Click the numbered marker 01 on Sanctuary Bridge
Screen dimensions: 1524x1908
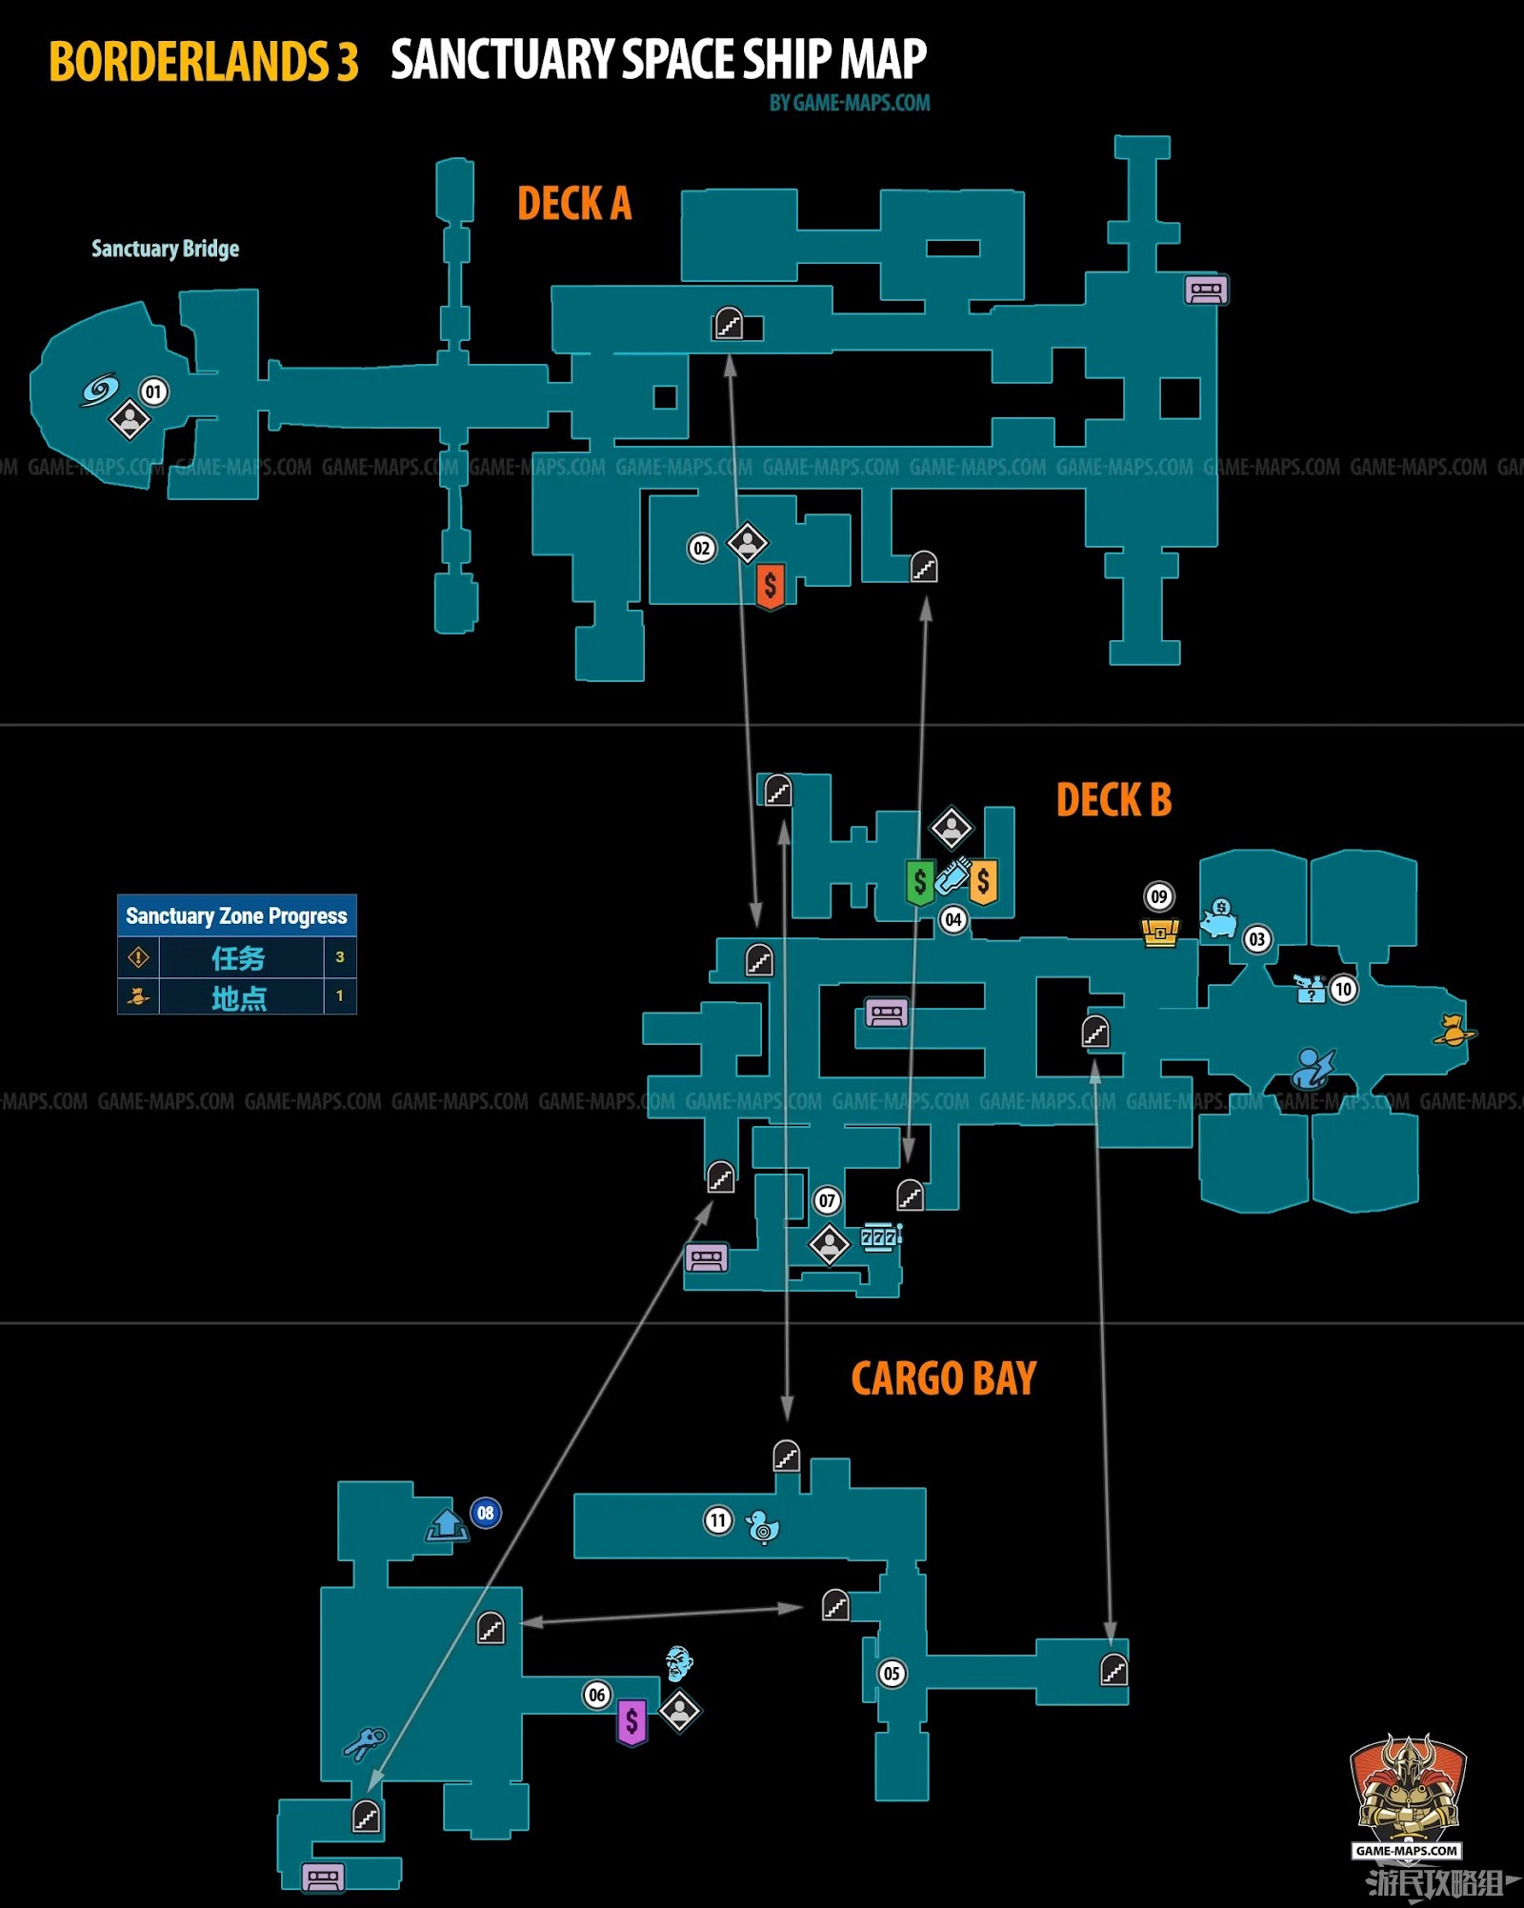coord(153,392)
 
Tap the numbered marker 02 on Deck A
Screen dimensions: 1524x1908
coord(702,548)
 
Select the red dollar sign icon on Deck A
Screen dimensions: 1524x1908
coord(771,586)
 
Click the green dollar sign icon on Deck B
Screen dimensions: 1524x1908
coord(919,882)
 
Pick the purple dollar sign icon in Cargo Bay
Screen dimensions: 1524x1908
coord(632,1722)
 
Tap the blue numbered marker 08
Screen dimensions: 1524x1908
coord(486,1513)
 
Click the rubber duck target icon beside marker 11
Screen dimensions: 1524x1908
coord(762,1526)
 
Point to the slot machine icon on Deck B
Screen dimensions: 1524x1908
coord(880,1236)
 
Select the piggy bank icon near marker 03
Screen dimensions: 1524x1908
coord(1218,919)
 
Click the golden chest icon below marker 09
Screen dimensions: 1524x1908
coord(1160,932)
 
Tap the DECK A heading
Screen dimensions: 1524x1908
coord(574,204)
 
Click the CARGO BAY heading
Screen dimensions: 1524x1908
coord(943,1378)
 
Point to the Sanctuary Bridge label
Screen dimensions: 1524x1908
coord(165,249)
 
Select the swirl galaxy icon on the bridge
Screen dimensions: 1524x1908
coord(99,390)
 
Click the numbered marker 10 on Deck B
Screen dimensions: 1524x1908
coord(1343,989)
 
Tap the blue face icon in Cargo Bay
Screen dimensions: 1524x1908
coord(678,1663)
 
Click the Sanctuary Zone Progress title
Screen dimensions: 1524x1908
coord(237,915)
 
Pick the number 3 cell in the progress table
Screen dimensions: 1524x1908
coord(340,957)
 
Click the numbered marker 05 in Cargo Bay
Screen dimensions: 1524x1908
coord(892,1674)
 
